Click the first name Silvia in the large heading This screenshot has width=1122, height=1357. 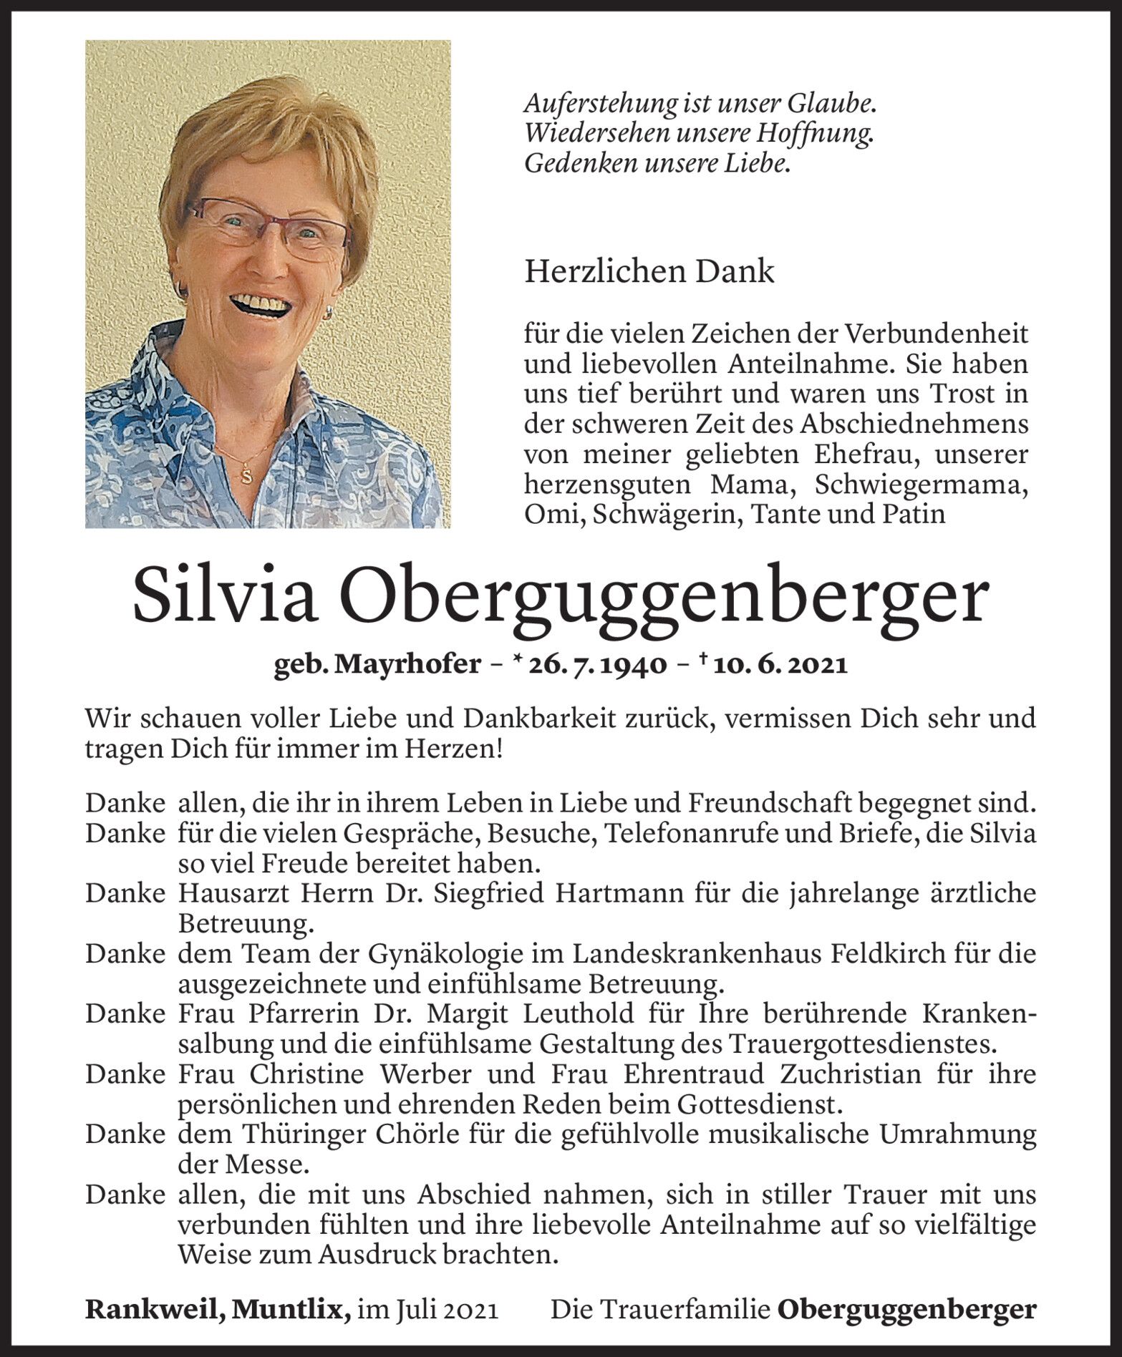(x=225, y=597)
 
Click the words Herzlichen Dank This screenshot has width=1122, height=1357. (x=649, y=272)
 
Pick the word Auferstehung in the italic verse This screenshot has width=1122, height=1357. (x=594, y=104)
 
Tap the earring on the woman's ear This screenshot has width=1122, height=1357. (x=329, y=313)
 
